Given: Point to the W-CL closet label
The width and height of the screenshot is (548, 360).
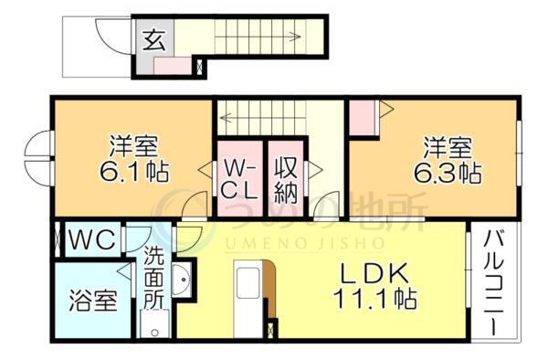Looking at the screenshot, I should pyautogui.click(x=240, y=181).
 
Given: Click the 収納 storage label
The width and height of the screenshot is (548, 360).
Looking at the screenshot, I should pyautogui.click(x=287, y=181).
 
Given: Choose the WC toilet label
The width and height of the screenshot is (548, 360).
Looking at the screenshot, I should pyautogui.click(x=91, y=240).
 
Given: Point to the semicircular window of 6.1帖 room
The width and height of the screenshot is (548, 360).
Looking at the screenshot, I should pyautogui.click(x=38, y=157).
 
